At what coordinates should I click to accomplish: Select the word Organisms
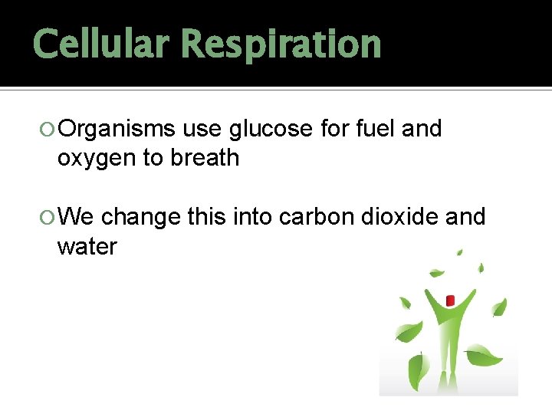117,130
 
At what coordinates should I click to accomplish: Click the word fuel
376,129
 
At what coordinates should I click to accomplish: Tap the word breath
205,158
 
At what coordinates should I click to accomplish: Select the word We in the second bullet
76,217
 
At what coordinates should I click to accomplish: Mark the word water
87,246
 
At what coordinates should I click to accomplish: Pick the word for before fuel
334,129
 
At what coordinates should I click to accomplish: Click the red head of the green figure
450,300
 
